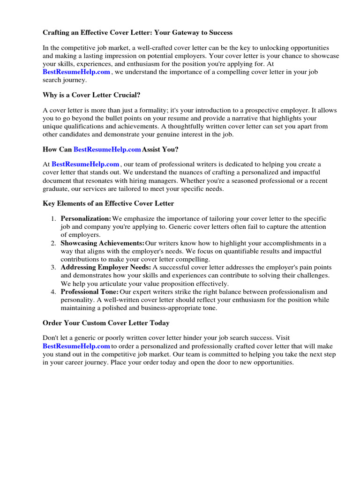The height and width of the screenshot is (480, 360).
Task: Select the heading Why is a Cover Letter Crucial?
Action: [x=91, y=95]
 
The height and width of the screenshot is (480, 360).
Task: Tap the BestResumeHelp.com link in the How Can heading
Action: [x=107, y=149]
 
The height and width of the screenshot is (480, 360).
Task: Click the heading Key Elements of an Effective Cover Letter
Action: [x=108, y=203]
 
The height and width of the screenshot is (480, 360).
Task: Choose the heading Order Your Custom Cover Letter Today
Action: [x=106, y=323]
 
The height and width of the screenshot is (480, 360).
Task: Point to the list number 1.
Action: [x=53, y=219]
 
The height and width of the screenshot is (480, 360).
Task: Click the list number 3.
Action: [x=53, y=267]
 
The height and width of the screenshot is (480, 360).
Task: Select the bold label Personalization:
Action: [x=86, y=219]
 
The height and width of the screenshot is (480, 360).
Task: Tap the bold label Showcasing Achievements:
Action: [x=103, y=243]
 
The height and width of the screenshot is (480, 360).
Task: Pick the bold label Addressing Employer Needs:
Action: [x=106, y=267]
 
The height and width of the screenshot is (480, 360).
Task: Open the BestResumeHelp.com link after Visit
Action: [x=76, y=346]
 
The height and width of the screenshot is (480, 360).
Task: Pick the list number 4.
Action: [x=53, y=292]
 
